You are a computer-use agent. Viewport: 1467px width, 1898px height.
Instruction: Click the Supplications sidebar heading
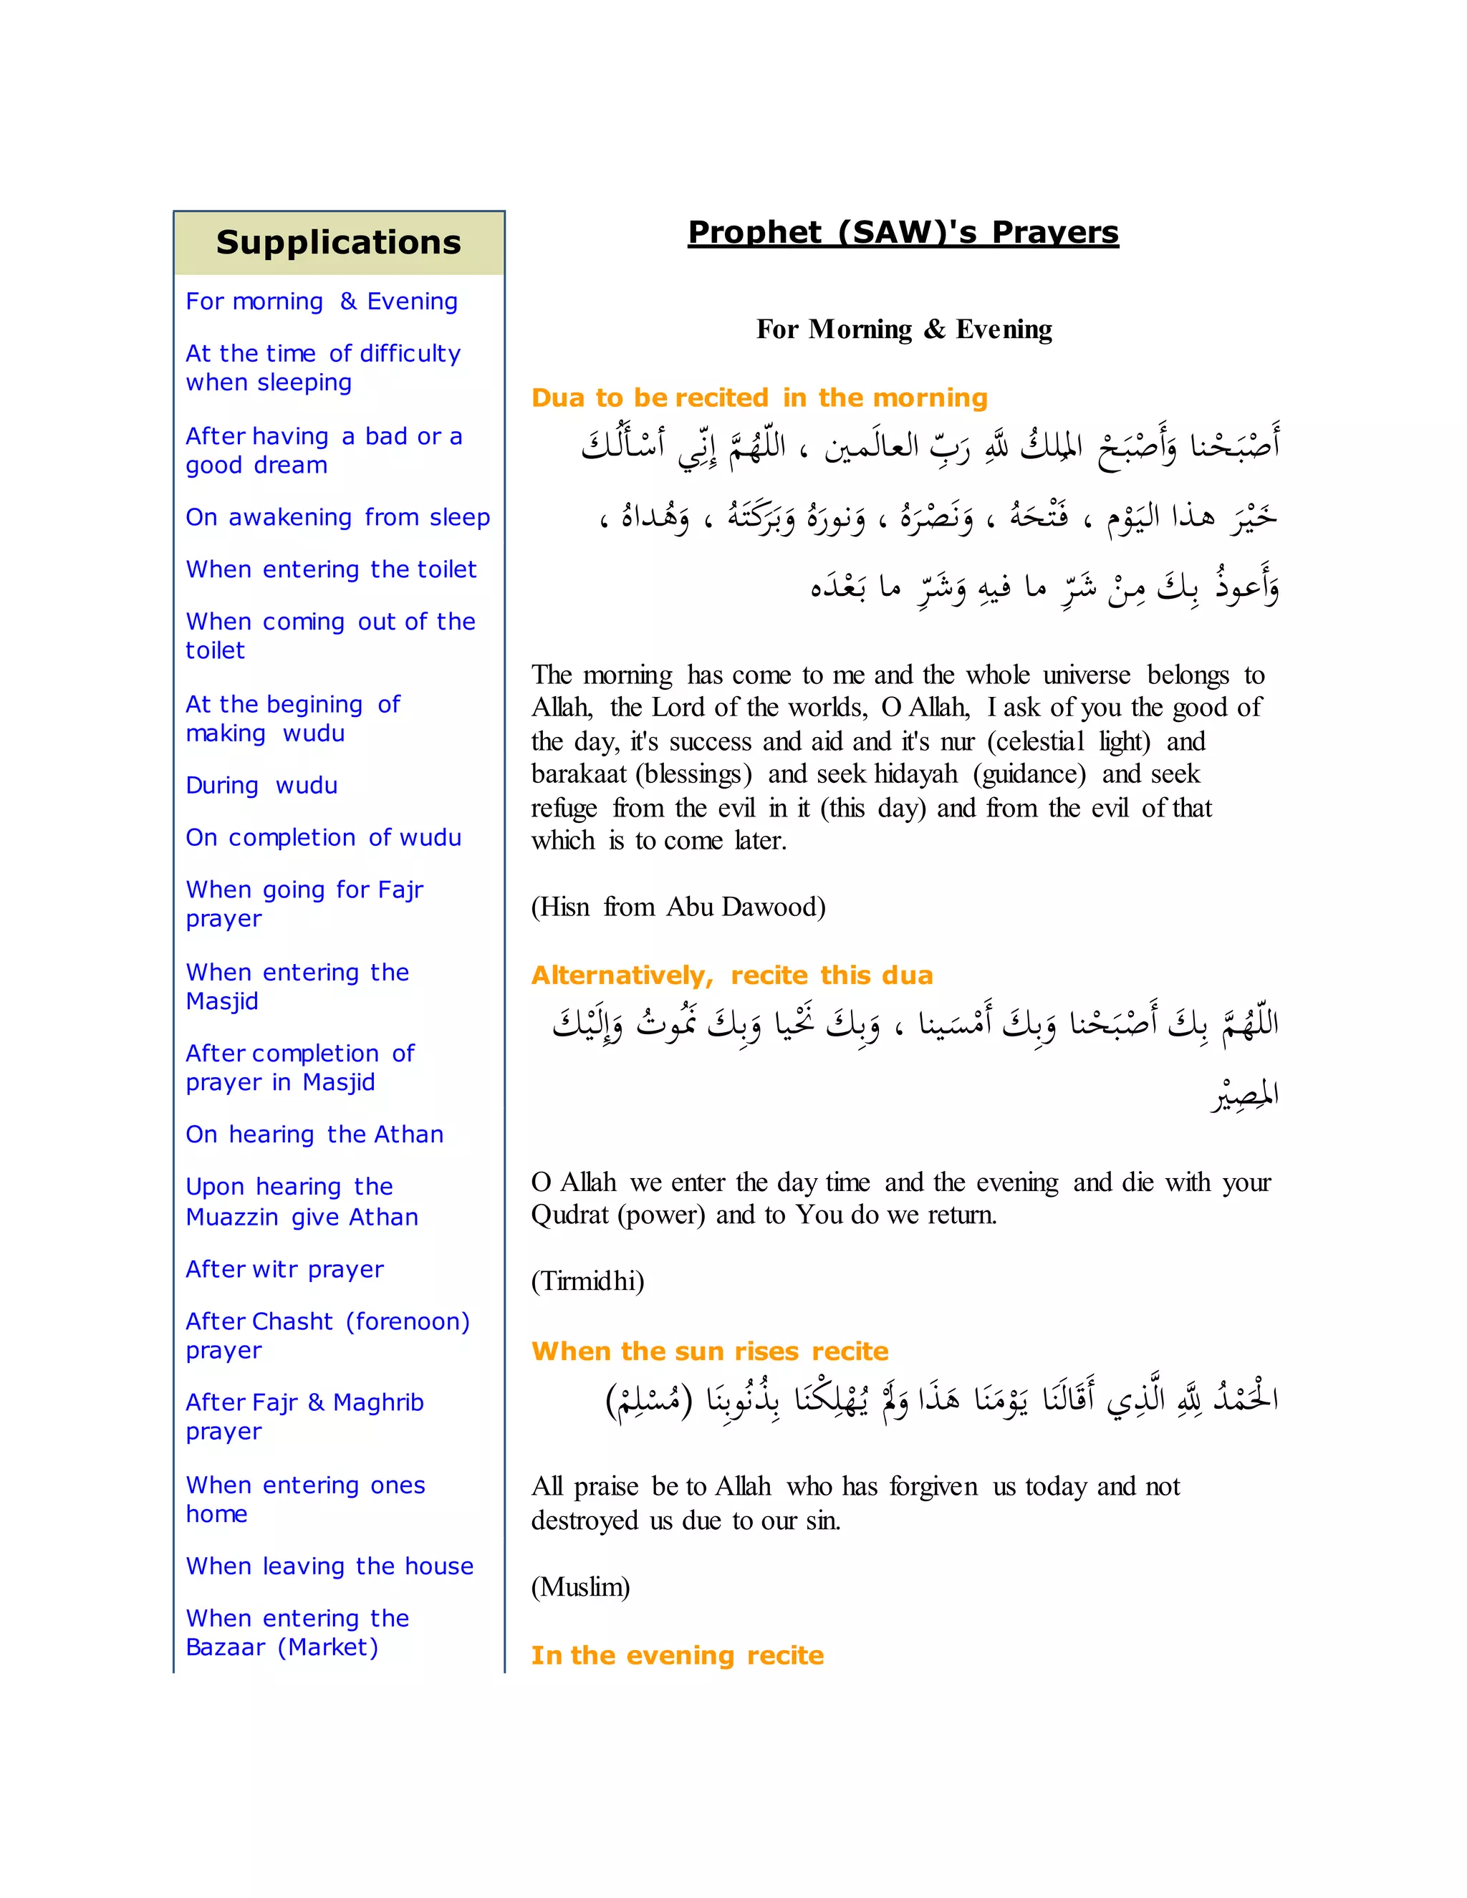338,243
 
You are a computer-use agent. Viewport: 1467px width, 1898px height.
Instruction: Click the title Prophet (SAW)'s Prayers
903,233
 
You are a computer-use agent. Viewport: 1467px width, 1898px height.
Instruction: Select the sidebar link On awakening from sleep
337,517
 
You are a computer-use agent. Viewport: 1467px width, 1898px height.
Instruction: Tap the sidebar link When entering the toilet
331,569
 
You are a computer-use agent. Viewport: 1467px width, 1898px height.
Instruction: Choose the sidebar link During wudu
261,786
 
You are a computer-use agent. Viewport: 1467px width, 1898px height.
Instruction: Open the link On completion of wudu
323,838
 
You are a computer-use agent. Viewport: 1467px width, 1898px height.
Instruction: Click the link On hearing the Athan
314,1134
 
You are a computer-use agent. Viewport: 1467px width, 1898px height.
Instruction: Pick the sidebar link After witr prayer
284,1269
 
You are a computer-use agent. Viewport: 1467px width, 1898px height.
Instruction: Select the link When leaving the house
330,1566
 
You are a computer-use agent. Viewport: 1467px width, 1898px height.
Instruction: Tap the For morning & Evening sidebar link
322,302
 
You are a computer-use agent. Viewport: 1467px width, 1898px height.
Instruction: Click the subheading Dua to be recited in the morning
759,398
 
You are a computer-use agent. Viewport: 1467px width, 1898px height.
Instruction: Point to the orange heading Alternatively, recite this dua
732,975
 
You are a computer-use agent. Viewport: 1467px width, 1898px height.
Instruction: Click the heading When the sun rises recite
710,1352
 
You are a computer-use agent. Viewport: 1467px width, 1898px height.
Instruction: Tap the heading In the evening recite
677,1655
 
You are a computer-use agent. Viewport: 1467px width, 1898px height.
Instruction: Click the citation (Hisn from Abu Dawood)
678,907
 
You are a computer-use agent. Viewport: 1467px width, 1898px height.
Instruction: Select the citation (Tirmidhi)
587,1281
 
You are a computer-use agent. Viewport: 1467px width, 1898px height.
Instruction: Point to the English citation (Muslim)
580,1587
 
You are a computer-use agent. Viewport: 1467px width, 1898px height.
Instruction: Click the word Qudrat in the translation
571,1215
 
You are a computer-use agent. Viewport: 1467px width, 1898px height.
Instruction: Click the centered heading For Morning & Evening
904,329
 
